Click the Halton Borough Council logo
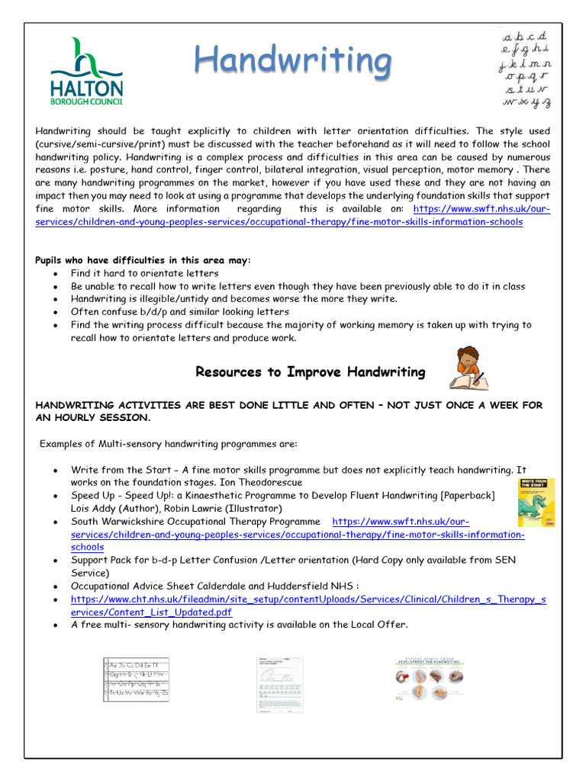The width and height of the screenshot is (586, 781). tap(85, 71)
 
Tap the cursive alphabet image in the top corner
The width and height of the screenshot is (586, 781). tap(525, 69)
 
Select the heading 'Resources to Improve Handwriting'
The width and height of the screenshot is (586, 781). tap(311, 372)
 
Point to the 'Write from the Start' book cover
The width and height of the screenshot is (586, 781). tap(536, 502)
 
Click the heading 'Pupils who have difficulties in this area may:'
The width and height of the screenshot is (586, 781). tap(143, 260)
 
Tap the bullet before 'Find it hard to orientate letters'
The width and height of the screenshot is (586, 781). tap(56, 274)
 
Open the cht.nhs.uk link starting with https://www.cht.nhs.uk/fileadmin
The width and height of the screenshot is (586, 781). tap(308, 599)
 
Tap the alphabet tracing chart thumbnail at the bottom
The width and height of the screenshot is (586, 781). tap(136, 680)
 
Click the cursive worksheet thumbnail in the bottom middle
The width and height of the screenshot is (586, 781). tap(279, 684)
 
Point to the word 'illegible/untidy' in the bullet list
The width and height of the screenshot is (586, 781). tap(176, 299)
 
